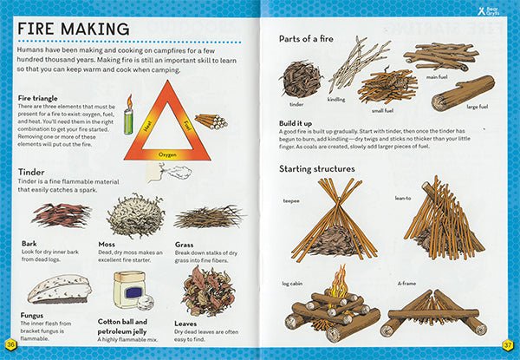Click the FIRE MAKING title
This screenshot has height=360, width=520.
click(73, 29)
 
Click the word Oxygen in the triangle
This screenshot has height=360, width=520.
click(170, 153)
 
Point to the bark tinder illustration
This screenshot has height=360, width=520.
click(60, 214)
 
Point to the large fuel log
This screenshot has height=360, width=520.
click(465, 93)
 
